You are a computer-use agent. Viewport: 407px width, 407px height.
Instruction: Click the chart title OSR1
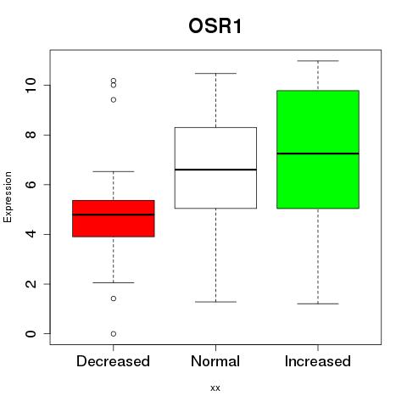click(x=215, y=26)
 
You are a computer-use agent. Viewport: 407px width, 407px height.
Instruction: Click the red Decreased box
click(x=114, y=219)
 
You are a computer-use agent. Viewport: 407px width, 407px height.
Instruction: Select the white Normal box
click(x=215, y=168)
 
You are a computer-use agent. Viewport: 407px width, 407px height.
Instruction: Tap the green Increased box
click(x=318, y=149)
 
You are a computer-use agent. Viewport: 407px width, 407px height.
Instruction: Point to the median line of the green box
click(x=318, y=153)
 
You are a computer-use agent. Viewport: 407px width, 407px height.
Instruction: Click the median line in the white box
click(x=215, y=170)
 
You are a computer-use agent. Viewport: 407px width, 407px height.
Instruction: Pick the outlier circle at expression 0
click(x=114, y=334)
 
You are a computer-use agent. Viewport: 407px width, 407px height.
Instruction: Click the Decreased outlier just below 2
click(x=114, y=298)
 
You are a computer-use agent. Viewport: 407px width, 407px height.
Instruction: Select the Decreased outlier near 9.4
click(x=114, y=100)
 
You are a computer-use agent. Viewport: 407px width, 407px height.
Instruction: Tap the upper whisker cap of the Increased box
click(x=318, y=61)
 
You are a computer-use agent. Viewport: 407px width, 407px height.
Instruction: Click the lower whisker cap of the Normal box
click(x=215, y=302)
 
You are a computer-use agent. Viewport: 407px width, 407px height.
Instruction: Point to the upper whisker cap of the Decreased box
click(x=114, y=171)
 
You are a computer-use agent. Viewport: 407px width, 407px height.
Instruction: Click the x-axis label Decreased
click(x=113, y=361)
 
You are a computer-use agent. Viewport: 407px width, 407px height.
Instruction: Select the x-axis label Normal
click(x=215, y=361)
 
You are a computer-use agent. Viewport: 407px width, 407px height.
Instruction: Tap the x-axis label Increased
click(x=318, y=361)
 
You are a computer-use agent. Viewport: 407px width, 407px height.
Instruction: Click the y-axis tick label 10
click(x=31, y=85)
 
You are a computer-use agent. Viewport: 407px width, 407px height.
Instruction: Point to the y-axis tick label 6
click(x=31, y=185)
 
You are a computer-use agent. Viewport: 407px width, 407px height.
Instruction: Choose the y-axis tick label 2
click(x=31, y=284)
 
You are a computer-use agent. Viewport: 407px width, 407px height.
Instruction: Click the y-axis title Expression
click(x=8, y=197)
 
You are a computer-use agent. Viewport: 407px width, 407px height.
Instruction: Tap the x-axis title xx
click(x=215, y=388)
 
